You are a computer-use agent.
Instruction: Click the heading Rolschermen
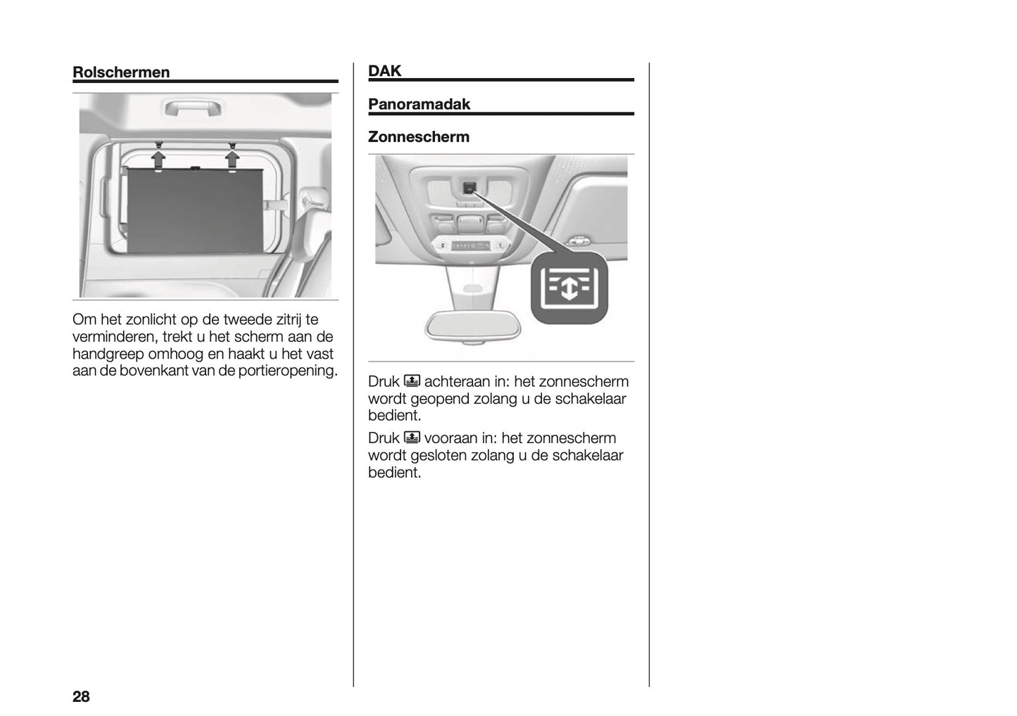click(121, 72)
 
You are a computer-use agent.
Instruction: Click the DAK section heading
click(384, 70)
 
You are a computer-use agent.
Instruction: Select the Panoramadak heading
click(419, 104)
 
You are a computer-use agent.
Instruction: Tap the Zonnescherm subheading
click(418, 136)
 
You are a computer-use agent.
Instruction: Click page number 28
click(81, 696)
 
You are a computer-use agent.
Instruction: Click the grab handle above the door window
click(193, 109)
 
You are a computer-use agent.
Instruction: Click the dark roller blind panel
click(194, 211)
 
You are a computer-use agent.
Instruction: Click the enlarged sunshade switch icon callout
click(569, 288)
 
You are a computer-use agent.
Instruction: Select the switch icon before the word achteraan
click(412, 382)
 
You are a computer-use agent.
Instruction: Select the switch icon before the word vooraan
click(412, 438)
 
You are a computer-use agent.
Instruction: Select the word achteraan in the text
click(465, 382)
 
